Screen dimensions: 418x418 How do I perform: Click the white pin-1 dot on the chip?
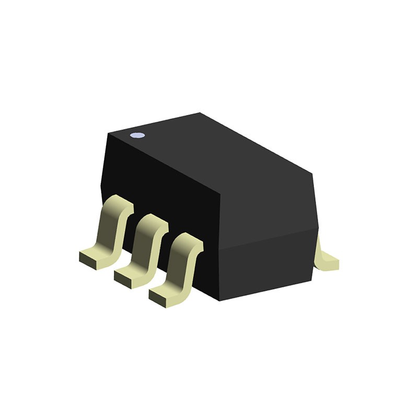[x=137, y=135]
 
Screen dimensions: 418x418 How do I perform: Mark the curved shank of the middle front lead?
[x=143, y=246]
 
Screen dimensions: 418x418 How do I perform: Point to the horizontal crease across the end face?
[x=269, y=240]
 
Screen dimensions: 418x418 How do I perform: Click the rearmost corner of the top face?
[x=201, y=113]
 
